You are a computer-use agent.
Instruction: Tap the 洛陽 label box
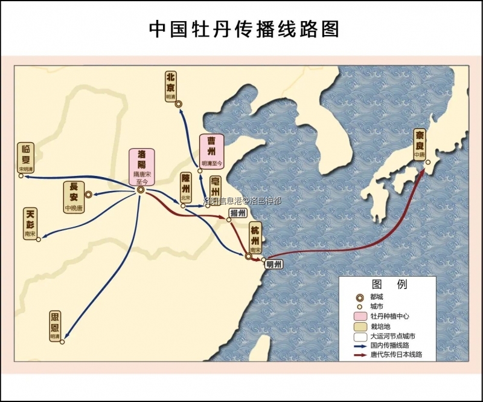coord(141,166)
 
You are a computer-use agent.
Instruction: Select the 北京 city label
coord(171,86)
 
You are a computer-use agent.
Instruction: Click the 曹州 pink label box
coord(211,151)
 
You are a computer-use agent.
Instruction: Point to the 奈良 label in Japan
coord(420,143)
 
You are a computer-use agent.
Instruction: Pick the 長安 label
coord(74,195)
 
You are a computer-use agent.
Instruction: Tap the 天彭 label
coord(31,222)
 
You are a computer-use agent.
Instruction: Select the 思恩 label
coord(56,326)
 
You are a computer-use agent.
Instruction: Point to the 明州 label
coord(273,264)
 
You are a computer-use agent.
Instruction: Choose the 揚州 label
coord(238,214)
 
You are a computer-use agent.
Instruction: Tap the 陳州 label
coord(185,187)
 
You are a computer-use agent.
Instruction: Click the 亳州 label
coord(215,187)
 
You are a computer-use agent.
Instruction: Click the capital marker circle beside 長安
coord(88,195)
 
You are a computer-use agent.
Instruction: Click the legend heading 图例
coord(389,284)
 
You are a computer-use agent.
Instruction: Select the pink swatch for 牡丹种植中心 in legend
coord(360,316)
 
